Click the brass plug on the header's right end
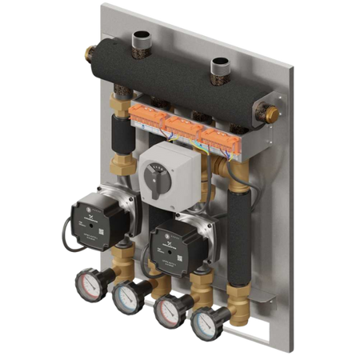pyautogui.click(x=272, y=115)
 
